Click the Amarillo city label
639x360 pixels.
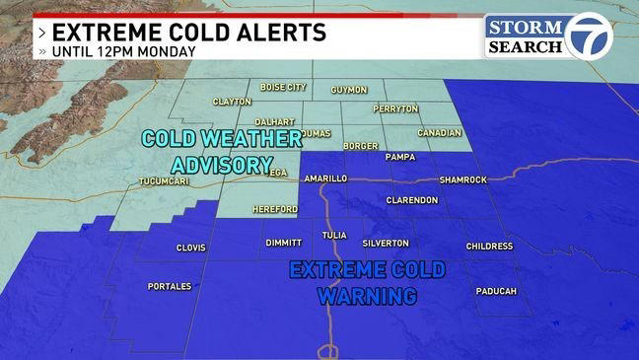coord(324,179)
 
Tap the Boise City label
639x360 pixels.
coord(283,87)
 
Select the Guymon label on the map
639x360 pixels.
coord(349,90)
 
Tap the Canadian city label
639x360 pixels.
coord(439,133)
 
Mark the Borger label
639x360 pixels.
coord(360,146)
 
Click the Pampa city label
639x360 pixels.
coord(399,156)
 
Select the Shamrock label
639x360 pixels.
coord(463,180)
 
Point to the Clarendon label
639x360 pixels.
coord(412,199)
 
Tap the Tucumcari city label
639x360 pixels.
coord(160,182)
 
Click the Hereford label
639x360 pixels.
coord(275,209)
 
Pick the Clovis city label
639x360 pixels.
coord(189,248)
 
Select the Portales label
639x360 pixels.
coord(170,286)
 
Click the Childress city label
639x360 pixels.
coord(489,246)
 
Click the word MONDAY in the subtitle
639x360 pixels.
coord(170,51)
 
